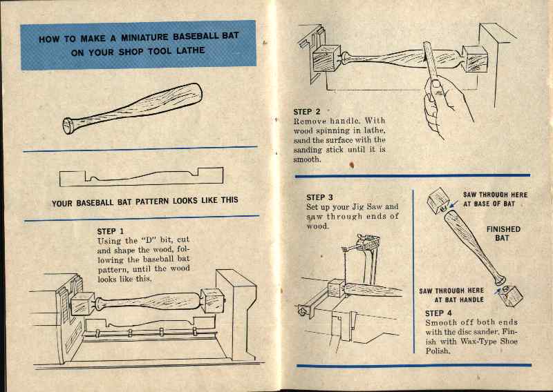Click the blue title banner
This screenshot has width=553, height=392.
click(138, 45)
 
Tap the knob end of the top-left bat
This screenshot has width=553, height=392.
click(69, 126)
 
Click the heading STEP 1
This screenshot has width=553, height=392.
click(113, 231)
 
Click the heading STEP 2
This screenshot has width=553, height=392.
click(307, 111)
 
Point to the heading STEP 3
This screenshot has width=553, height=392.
click(320, 197)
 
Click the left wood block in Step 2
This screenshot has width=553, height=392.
click(325, 60)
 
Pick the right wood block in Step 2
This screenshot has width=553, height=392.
click(475, 59)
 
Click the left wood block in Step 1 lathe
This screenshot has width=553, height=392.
click(82, 303)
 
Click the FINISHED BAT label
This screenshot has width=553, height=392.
click(503, 233)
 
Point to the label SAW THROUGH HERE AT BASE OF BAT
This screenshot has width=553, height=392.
click(494, 199)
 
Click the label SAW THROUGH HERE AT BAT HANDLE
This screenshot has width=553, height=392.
click(451, 295)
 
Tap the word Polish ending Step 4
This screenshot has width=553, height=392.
click(438, 351)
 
